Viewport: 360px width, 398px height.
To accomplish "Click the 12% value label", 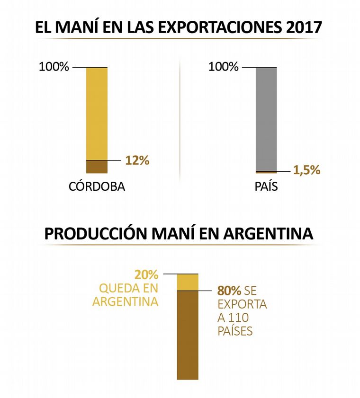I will [137, 160].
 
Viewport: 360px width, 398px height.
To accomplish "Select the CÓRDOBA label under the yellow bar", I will [97, 186].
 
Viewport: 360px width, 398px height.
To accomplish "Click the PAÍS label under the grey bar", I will [266, 186].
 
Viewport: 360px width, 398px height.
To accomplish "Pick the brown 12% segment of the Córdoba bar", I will [97, 167].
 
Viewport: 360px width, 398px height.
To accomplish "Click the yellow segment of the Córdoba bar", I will [97, 114].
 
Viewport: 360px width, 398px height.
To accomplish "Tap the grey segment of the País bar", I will [266, 118].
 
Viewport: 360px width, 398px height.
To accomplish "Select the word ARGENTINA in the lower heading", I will [267, 234].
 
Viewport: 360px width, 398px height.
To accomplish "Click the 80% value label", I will [227, 291].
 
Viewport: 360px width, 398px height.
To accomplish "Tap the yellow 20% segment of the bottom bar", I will [187, 282].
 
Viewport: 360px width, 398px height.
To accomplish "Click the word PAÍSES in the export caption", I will [235, 331].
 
